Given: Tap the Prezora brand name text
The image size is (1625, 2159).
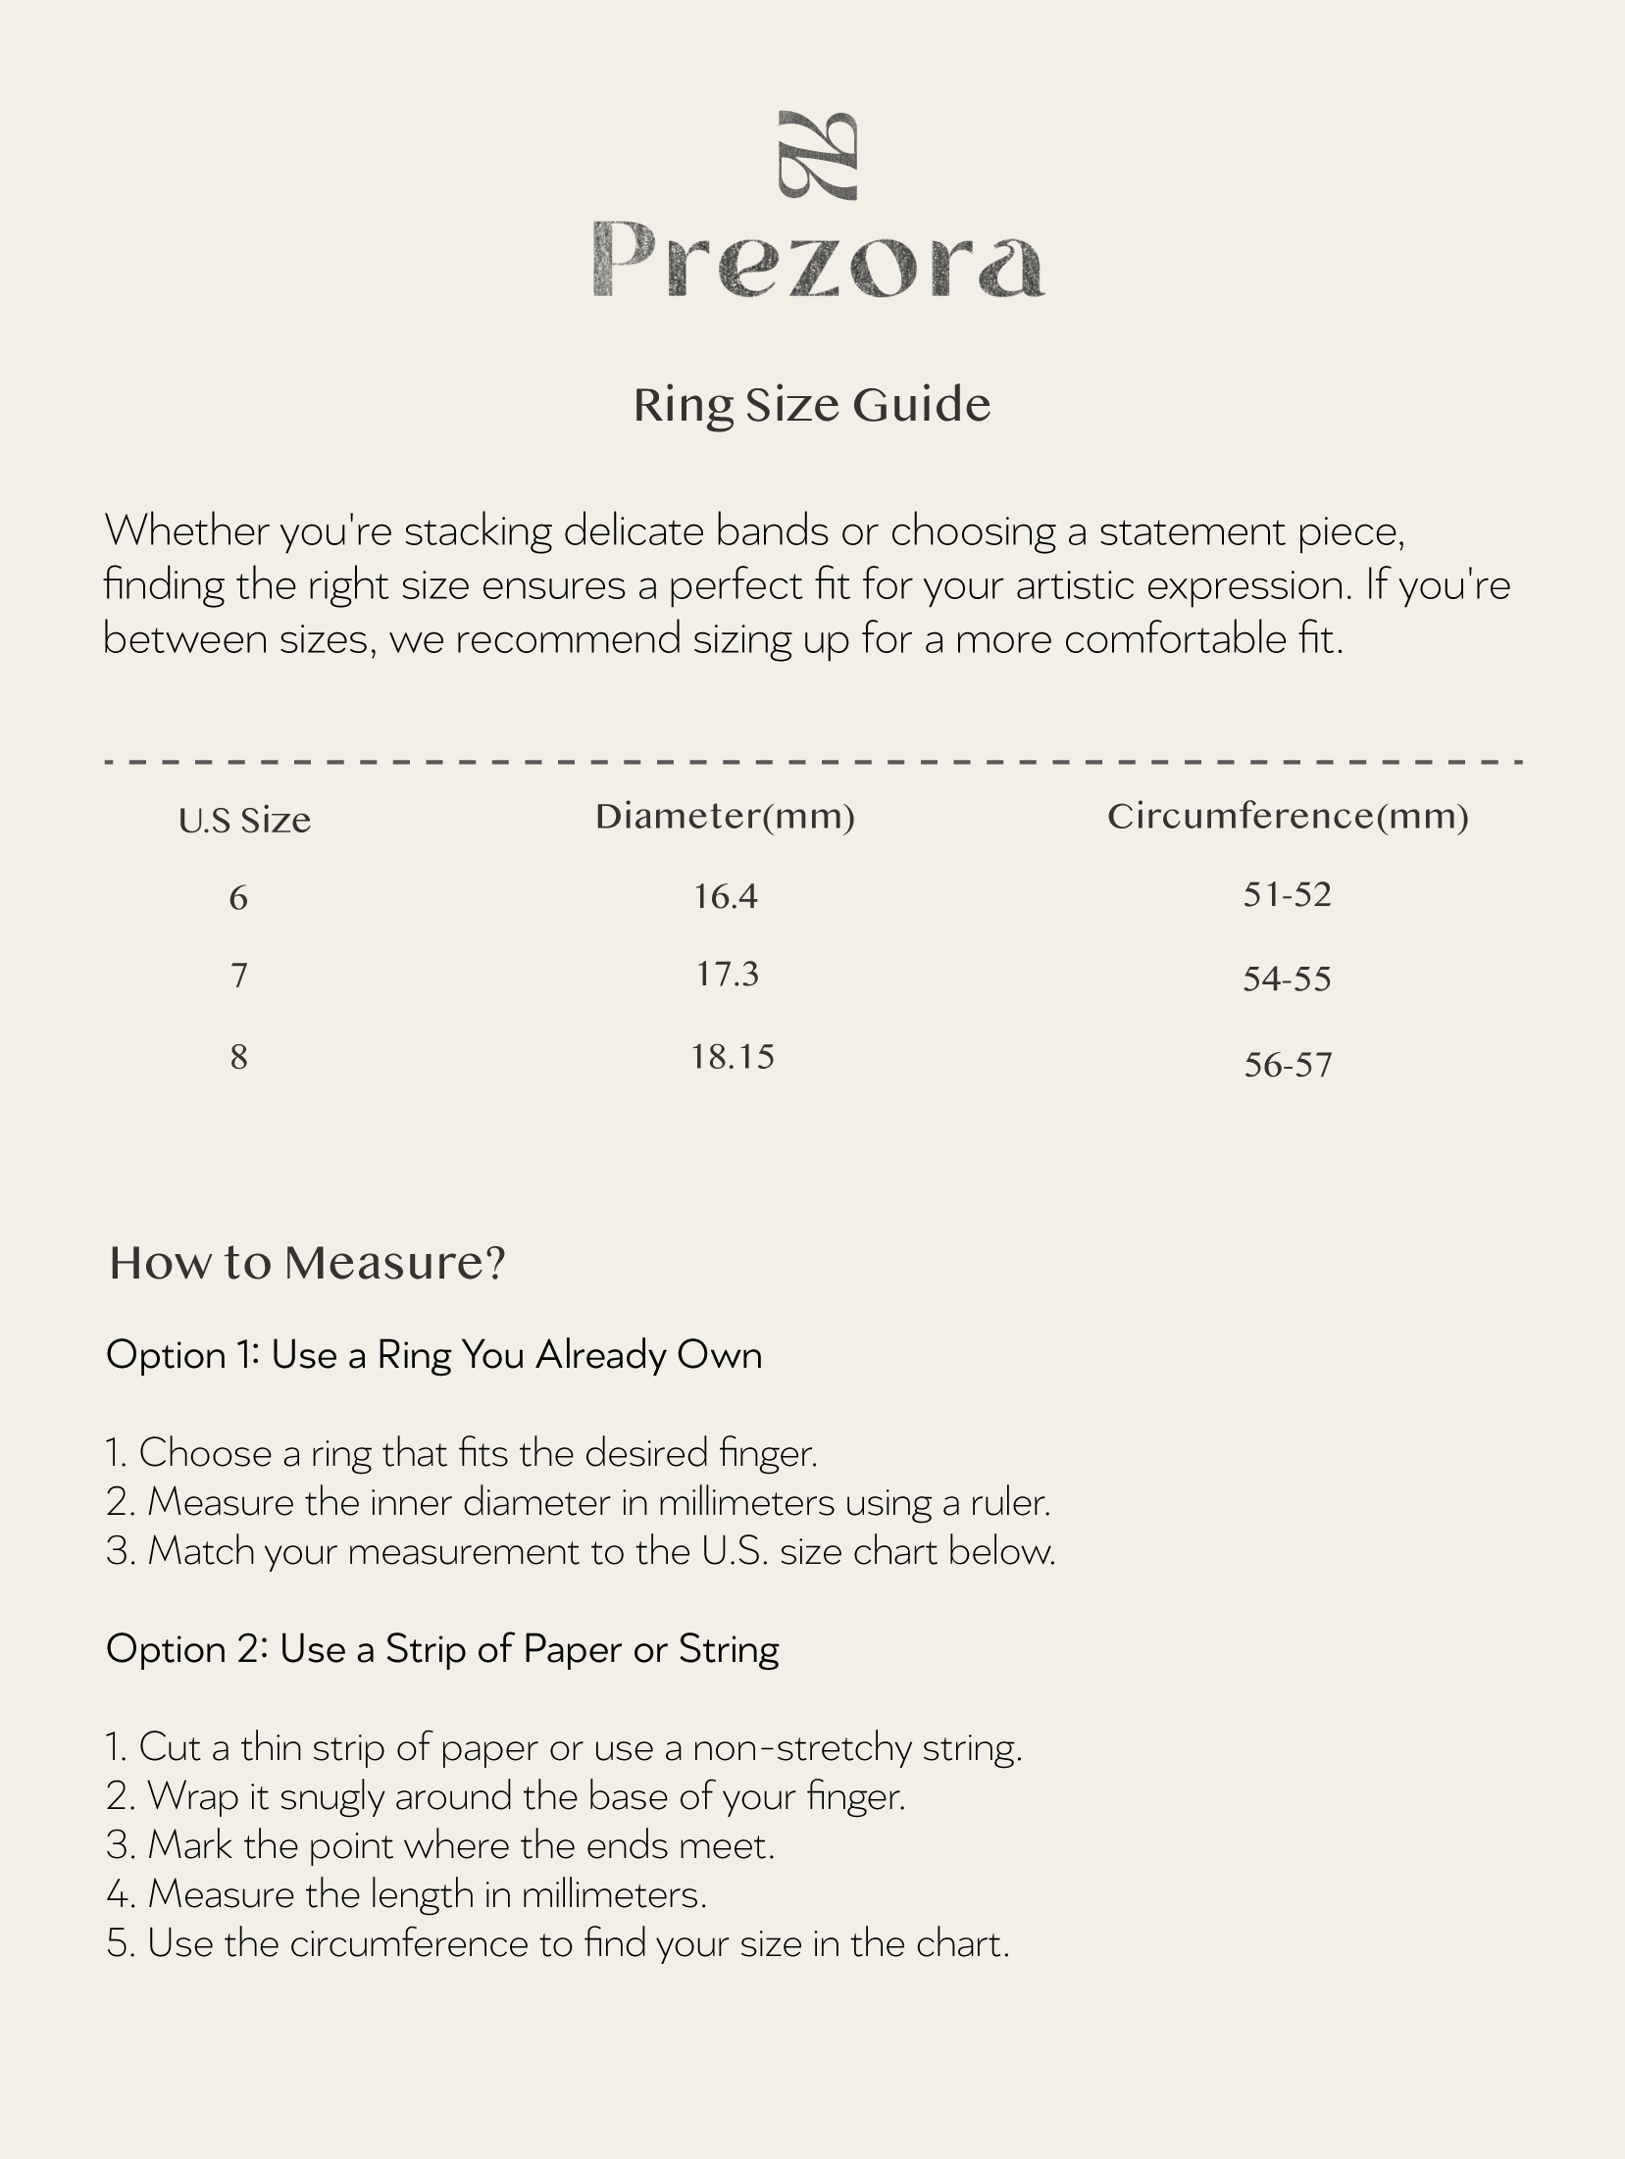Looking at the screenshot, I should (x=817, y=259).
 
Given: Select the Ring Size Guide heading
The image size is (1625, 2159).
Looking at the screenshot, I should (x=812, y=405).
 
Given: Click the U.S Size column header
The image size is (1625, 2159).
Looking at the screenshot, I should (x=244, y=821).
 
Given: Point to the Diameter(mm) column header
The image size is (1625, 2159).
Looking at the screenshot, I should (x=725, y=817).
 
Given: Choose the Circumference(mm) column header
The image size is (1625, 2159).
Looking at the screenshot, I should (x=1288, y=817).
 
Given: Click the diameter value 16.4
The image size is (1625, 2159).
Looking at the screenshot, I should (x=726, y=896).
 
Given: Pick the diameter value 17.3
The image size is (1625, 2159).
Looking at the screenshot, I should (x=727, y=974).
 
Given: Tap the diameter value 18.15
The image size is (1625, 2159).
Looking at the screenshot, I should (x=732, y=1056).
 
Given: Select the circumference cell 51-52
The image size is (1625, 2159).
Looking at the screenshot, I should (x=1287, y=894).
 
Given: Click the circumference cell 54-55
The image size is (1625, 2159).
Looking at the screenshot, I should (x=1287, y=979).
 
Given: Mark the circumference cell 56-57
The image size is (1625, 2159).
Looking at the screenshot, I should (x=1288, y=1064).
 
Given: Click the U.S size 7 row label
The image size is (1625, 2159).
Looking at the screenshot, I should (x=238, y=976).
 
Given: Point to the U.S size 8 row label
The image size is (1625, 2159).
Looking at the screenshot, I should (x=238, y=1057).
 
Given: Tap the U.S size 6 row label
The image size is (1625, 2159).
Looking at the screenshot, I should (x=238, y=897).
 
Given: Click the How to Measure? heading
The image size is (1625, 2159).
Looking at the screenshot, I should (x=307, y=1263).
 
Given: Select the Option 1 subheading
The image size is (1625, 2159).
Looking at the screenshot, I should (x=433, y=1355).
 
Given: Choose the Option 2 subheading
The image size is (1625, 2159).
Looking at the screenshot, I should (x=442, y=1649).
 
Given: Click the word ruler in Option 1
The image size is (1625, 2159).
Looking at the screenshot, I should (x=1010, y=1502).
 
